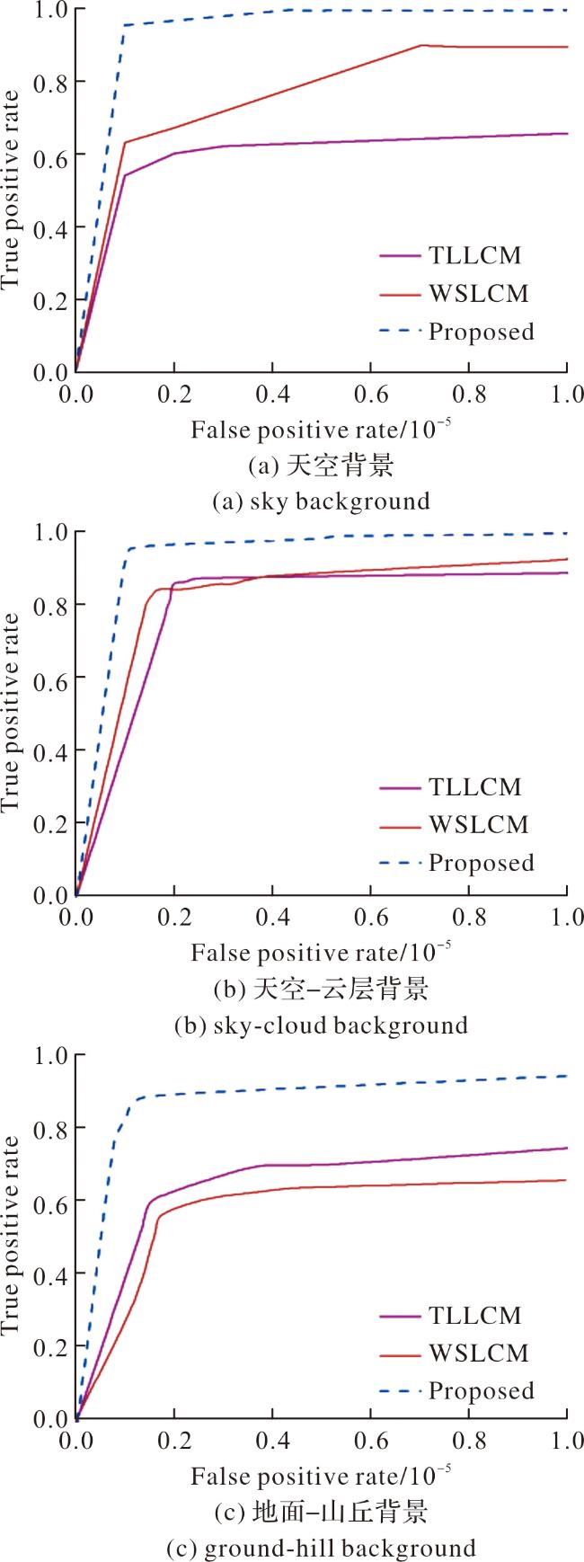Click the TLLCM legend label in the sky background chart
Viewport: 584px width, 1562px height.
(475, 256)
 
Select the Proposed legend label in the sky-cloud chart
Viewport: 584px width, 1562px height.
(481, 863)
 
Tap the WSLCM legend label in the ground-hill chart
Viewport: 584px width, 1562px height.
(479, 1353)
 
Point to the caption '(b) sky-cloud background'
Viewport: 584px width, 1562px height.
(321, 1025)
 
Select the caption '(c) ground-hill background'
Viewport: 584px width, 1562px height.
(321, 1548)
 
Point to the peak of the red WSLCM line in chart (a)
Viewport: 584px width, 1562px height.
(422, 45)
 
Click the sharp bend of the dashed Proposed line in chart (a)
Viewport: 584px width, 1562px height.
(124, 25)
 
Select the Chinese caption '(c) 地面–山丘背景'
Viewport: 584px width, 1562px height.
(321, 1513)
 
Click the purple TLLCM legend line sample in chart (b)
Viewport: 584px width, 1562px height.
(400, 787)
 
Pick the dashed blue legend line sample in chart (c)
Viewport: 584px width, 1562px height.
(400, 1391)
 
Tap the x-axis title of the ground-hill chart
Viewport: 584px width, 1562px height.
(321, 1476)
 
